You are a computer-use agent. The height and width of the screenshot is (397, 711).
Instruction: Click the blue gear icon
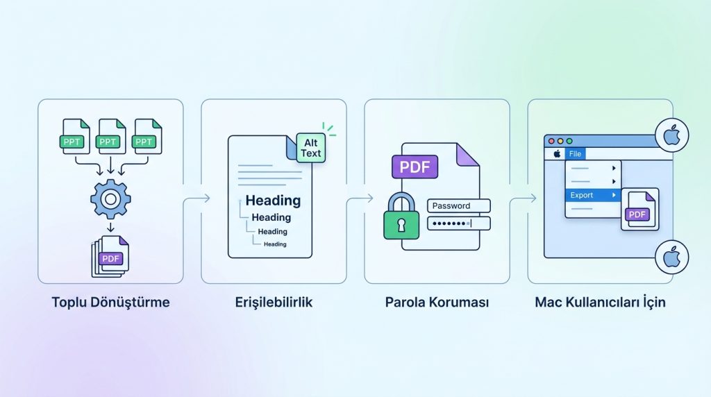point(110,199)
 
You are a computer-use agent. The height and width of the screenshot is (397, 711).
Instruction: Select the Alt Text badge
point(310,148)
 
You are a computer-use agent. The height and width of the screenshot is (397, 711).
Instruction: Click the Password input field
point(459,205)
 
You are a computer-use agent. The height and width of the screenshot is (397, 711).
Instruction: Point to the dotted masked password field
point(459,223)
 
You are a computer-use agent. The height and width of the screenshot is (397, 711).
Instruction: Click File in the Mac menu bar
point(574,154)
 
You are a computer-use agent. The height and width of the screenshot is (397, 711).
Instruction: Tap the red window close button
point(551,141)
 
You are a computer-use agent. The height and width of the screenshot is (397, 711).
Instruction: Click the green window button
point(569,141)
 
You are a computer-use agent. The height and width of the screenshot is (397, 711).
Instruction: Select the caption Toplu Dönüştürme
point(110,303)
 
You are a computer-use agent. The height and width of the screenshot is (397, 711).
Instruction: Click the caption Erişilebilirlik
point(274,303)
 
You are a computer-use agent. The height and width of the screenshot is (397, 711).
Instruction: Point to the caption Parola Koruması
point(437,303)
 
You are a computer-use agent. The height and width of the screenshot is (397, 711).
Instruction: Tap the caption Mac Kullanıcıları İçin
point(600,303)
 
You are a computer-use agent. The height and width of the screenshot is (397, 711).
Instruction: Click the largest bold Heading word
point(273,201)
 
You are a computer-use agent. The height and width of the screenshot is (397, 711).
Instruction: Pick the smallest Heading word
point(275,244)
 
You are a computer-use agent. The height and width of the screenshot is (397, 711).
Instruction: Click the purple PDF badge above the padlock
point(415,167)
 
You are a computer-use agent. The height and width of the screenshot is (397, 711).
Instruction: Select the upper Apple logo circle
point(671,135)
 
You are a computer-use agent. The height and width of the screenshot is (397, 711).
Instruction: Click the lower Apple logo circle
point(671,258)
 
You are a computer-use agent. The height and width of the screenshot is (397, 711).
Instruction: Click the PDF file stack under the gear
point(110,256)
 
